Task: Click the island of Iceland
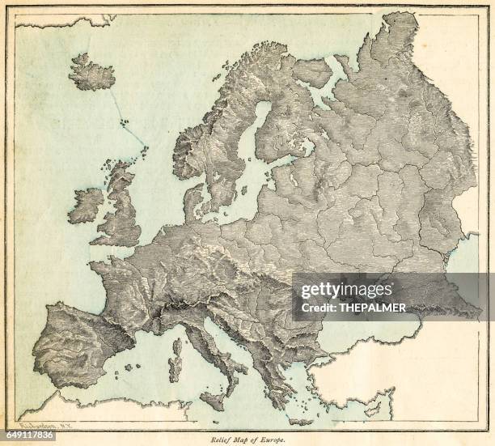(x=91, y=74)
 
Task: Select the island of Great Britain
(x=121, y=210)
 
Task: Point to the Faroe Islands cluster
(x=125, y=122)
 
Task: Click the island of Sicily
(x=213, y=397)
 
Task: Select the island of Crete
(x=300, y=422)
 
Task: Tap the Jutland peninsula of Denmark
(x=192, y=202)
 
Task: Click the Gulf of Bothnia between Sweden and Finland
(x=256, y=130)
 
